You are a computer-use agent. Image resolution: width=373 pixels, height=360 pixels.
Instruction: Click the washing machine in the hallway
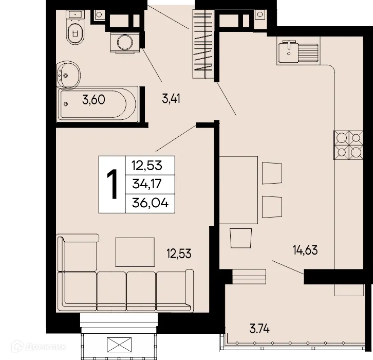tap(124, 42)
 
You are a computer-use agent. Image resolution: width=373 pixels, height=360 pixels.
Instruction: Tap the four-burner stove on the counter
tap(348, 145)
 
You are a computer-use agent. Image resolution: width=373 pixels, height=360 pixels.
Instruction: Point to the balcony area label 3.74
tap(259, 328)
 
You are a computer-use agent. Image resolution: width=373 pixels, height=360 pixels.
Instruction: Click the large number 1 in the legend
tap(111, 184)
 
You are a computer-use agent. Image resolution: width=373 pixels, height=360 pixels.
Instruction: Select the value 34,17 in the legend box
tap(150, 184)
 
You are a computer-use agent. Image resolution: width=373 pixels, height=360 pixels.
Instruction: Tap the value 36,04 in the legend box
tap(150, 203)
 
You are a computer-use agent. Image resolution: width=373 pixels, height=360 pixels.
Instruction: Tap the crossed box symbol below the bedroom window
tap(118, 346)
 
